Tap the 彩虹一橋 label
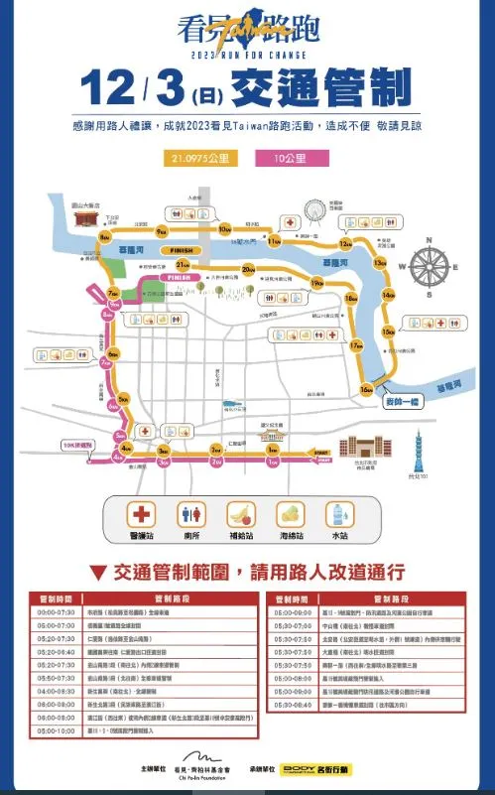[x=401, y=403]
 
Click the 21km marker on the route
[x=182, y=265]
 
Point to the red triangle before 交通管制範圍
[x=98, y=572]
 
